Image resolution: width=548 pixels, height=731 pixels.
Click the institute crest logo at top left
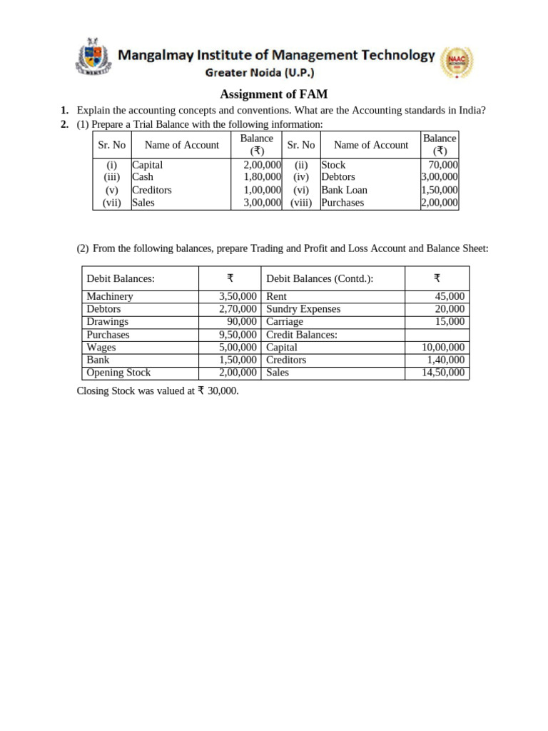point(93,56)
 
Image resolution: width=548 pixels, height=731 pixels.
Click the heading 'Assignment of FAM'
point(273,94)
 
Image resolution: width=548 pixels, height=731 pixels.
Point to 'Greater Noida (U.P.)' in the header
point(260,72)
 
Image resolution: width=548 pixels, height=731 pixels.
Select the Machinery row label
point(109,296)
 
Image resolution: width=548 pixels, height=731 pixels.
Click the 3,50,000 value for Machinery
point(238,296)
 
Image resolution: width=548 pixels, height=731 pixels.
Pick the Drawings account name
point(107,322)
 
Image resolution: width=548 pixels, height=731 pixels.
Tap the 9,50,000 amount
point(238,335)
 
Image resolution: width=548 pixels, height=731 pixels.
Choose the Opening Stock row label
point(118,373)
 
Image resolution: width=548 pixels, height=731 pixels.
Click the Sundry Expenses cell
point(303,309)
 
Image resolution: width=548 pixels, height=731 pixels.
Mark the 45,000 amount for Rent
point(450,296)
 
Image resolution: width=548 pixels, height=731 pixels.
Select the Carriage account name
point(285,322)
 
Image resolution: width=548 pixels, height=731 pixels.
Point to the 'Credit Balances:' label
point(302,335)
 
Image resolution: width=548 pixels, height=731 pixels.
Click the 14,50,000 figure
point(443,373)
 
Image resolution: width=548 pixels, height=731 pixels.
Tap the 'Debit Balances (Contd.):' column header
point(320,278)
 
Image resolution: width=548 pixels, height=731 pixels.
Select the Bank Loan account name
point(344,190)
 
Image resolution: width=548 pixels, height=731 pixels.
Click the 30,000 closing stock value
point(223,391)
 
